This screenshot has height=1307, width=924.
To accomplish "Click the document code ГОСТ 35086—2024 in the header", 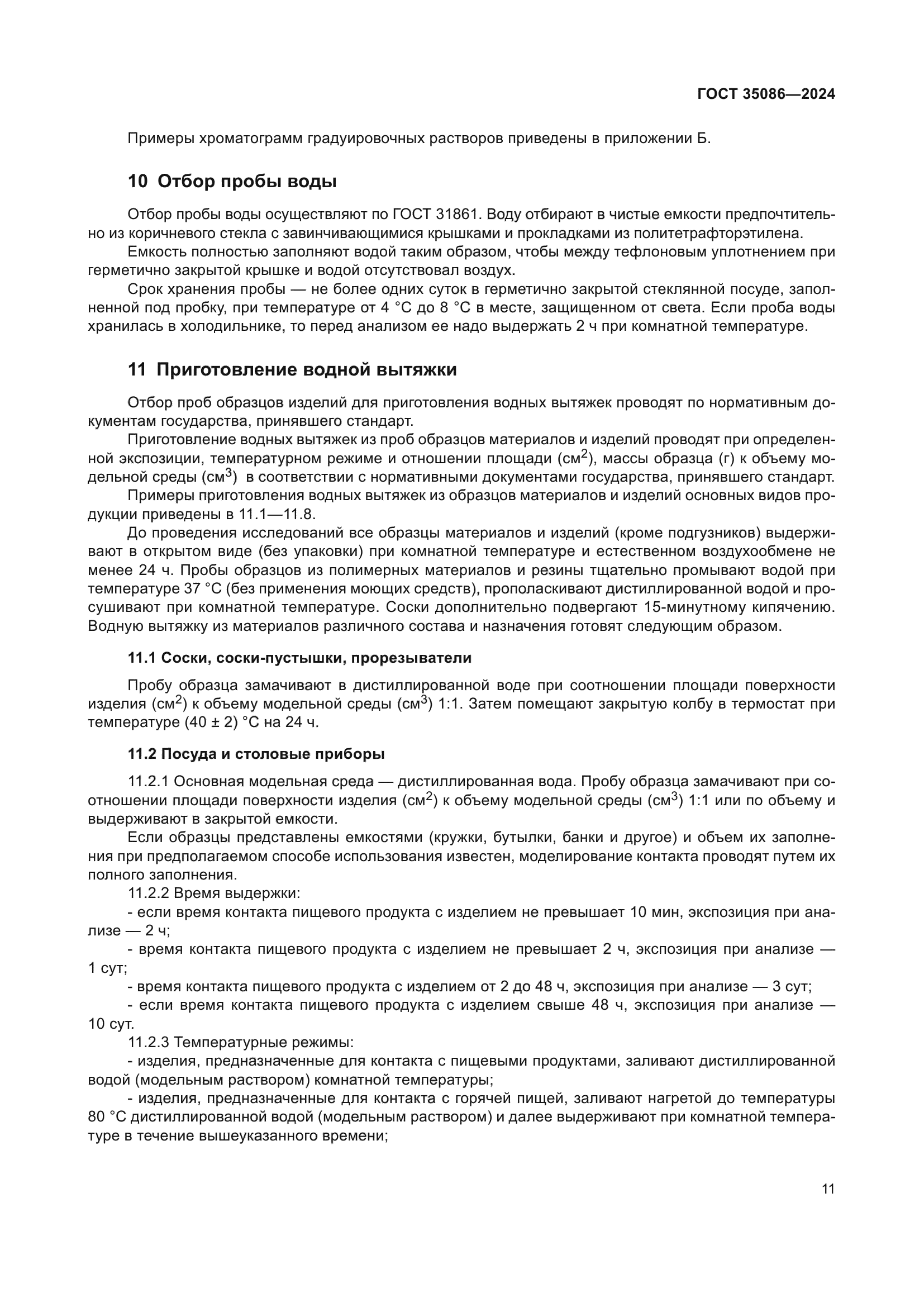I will (766, 94).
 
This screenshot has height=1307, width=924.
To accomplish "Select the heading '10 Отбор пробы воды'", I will (232, 182).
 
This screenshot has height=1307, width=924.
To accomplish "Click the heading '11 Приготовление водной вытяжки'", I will (292, 370).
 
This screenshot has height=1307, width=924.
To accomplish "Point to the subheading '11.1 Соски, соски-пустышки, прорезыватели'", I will (299, 658).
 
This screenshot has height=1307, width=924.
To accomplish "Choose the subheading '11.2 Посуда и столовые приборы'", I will (256, 754).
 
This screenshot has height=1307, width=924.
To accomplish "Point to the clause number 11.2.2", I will (149, 893).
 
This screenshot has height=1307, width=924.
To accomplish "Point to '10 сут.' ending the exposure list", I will (111, 1024).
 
